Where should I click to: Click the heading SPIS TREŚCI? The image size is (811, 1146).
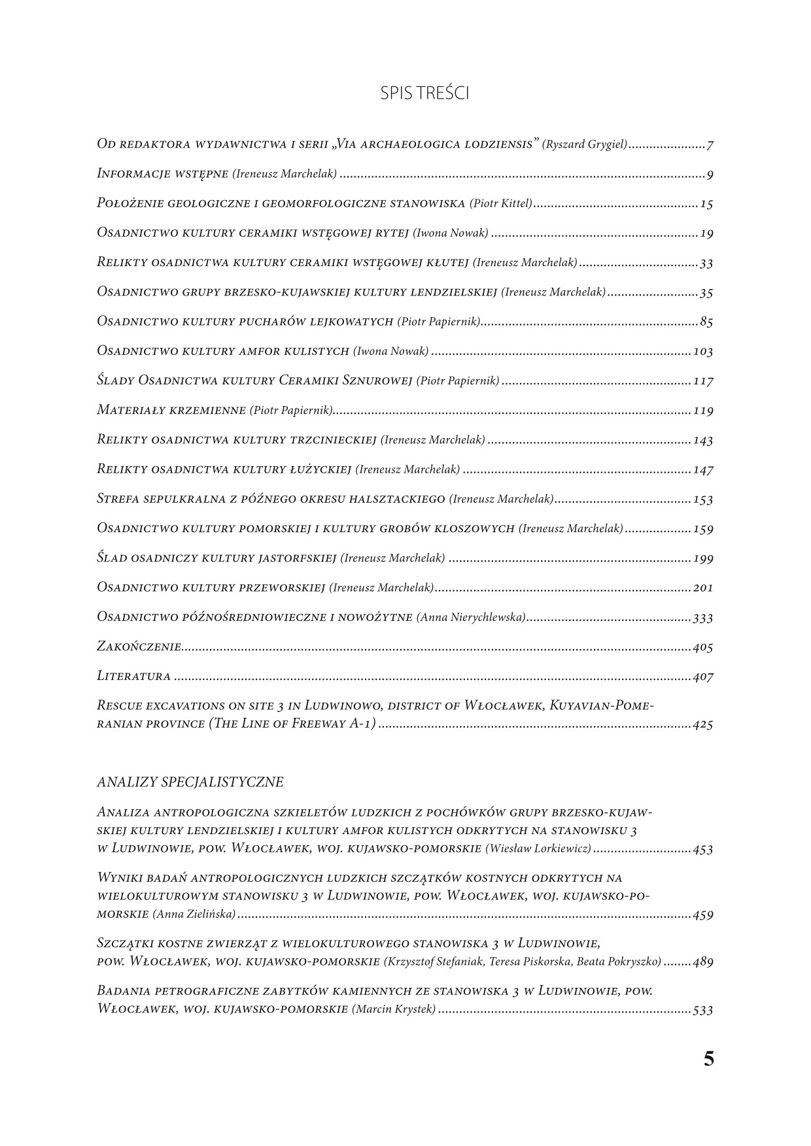pyautogui.click(x=424, y=94)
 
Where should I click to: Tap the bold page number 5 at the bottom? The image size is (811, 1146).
pyautogui.click(x=708, y=1060)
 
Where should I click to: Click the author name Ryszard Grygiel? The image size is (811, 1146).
pyautogui.click(x=585, y=144)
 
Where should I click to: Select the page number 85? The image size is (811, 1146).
pyautogui.click(x=706, y=322)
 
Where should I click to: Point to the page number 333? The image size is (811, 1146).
pyautogui.click(x=702, y=618)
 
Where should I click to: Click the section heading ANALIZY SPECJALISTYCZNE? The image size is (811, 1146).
pyautogui.click(x=190, y=782)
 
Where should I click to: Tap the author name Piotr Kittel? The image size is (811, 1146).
pyautogui.click(x=501, y=203)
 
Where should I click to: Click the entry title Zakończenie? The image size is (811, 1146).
pyautogui.click(x=139, y=647)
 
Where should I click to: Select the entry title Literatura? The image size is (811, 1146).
pyautogui.click(x=133, y=677)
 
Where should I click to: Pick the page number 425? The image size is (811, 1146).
pyautogui.click(x=702, y=724)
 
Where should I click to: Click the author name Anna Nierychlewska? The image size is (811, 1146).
pyautogui.click(x=471, y=617)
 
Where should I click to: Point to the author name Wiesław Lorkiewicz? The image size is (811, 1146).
pyautogui.click(x=538, y=849)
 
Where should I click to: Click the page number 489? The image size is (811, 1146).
pyautogui.click(x=702, y=962)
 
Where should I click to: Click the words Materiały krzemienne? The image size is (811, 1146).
pyautogui.click(x=171, y=411)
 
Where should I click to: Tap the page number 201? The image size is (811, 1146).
pyautogui.click(x=702, y=588)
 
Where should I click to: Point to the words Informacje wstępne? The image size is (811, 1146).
pyautogui.click(x=162, y=174)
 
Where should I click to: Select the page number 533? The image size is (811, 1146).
pyautogui.click(x=702, y=1010)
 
